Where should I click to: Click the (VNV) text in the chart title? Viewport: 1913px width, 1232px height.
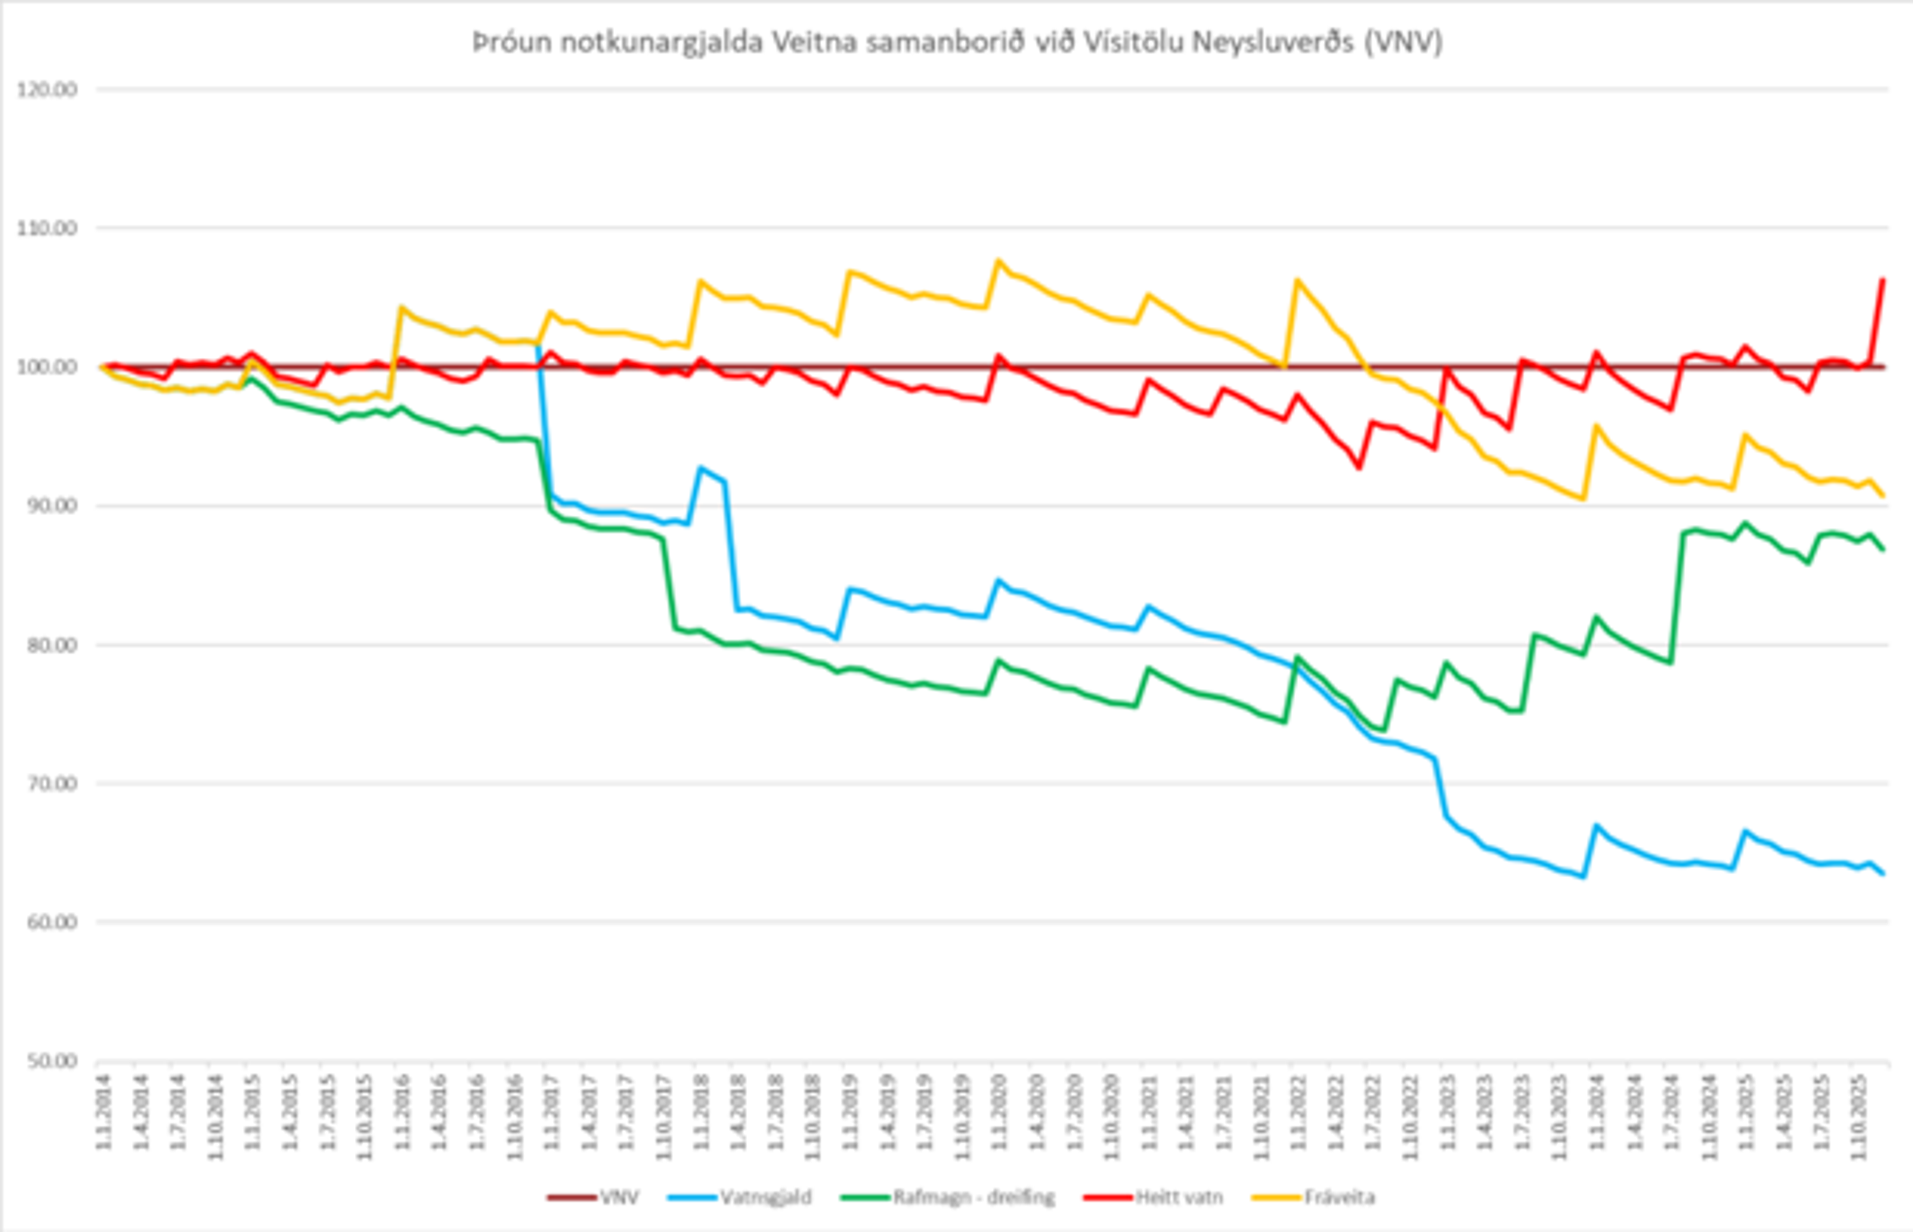(x=1403, y=42)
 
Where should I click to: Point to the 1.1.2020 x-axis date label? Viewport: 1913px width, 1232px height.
(x=1000, y=1112)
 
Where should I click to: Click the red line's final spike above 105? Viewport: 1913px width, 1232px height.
(x=1883, y=280)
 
